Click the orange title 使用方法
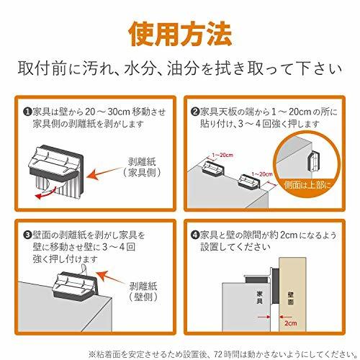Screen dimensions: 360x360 pos(180,34)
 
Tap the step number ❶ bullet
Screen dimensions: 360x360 pos(28,112)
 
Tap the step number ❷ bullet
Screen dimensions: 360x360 pos(195,112)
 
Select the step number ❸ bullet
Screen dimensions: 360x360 pos(28,235)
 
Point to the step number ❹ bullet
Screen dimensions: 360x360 pos(195,235)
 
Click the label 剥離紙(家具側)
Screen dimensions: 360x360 pos(142,167)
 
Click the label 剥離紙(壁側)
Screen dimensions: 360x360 pos(143,292)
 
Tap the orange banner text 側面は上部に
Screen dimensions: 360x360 pos(307,185)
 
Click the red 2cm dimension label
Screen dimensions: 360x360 pos(291,323)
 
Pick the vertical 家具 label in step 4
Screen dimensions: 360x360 pos(259,297)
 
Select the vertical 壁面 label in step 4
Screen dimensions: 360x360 pos(291,298)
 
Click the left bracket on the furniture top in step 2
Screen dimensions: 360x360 pos(213,167)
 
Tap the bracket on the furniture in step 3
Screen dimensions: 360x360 pos(75,287)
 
